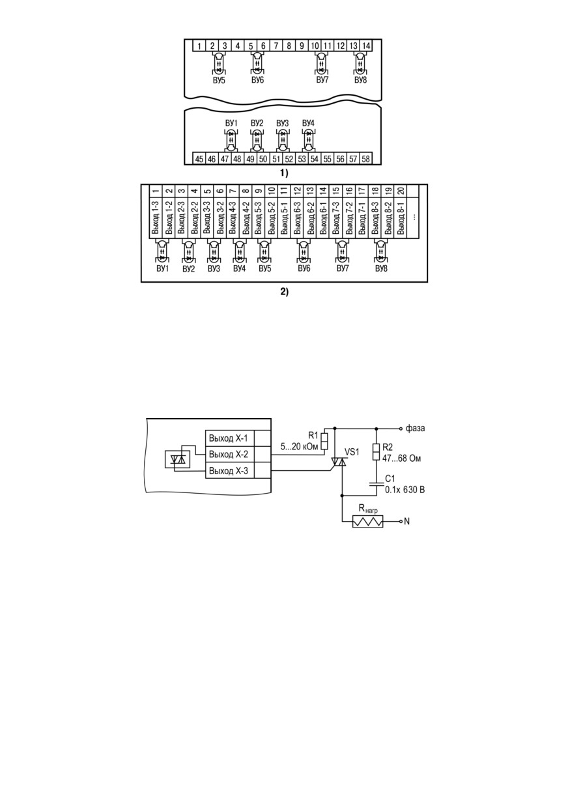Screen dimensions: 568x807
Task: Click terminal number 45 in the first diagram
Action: click(x=199, y=159)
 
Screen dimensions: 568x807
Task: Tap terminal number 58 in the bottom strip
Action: click(x=365, y=159)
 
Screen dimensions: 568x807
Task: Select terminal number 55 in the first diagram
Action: click(x=327, y=159)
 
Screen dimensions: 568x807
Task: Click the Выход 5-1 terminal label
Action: click(x=285, y=218)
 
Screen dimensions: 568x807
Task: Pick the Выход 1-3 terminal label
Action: click(x=156, y=218)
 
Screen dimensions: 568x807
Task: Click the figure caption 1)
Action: click(x=285, y=173)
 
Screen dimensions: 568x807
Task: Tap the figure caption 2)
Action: click(x=285, y=292)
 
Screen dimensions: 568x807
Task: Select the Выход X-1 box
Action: click(x=230, y=438)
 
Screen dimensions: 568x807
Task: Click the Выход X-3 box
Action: click(x=230, y=470)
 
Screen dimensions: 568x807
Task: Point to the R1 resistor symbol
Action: click(x=325, y=442)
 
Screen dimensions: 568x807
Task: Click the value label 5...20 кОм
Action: click(x=299, y=447)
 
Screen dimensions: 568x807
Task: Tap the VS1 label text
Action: click(x=352, y=452)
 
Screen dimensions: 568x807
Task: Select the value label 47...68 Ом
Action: click(x=401, y=459)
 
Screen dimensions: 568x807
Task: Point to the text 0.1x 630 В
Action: click(x=405, y=490)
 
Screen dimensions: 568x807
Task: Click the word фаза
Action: click(x=415, y=429)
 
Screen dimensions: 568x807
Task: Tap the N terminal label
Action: click(x=407, y=521)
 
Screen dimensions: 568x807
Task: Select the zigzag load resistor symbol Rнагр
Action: click(x=367, y=521)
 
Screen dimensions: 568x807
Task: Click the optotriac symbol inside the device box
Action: click(x=177, y=459)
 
